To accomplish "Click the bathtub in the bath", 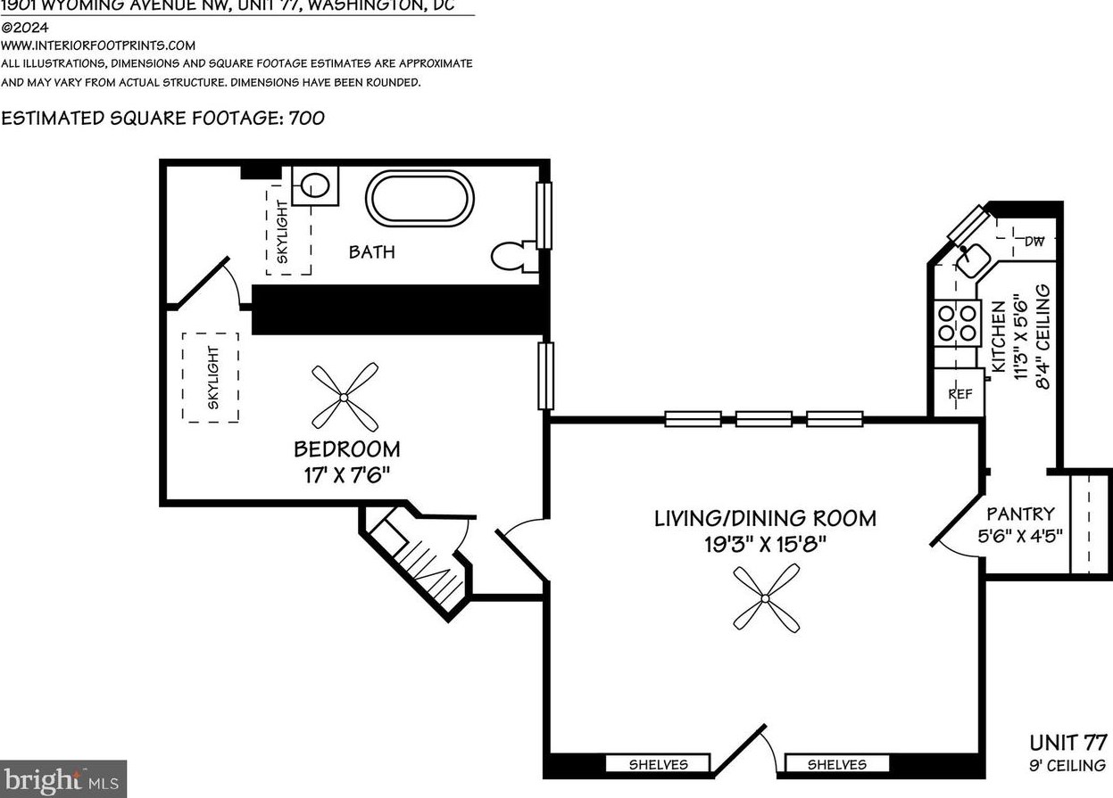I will coord(419,198).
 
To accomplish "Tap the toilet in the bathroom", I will coord(514,257).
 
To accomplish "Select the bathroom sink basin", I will coord(314,185).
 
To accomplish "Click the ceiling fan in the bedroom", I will coord(345,397).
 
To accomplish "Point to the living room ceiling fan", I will coord(766,599).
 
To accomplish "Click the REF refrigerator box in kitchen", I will coord(959,393).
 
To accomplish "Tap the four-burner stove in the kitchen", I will coord(956,322).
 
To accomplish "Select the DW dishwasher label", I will coord(1034,241).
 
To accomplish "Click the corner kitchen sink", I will coord(971,257).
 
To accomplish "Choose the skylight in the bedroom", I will coord(212,377).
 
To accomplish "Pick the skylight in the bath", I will coord(287,230).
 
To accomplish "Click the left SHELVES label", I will coord(658,764).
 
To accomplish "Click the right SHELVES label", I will coord(836,764).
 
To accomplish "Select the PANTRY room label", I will coord(1020,514).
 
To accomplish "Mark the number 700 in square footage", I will coord(306,118).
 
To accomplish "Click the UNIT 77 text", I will coord(1067,743).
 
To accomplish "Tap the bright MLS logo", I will coord(62,779).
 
